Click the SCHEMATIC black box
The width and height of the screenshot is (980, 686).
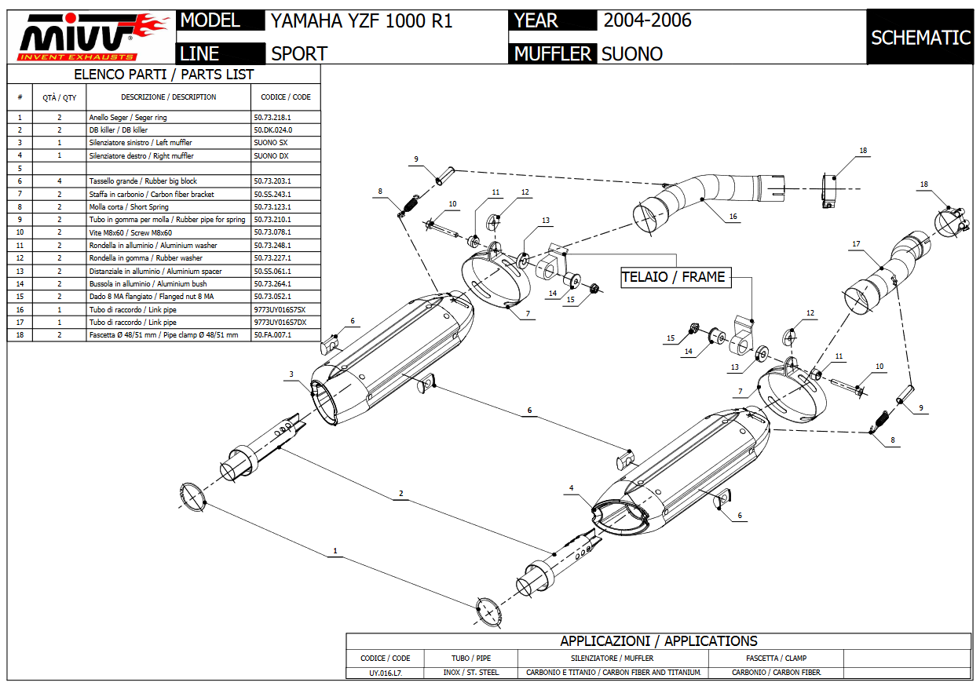[921, 37]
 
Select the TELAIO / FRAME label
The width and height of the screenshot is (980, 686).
[673, 277]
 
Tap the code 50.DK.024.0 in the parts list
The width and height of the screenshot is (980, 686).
[272, 130]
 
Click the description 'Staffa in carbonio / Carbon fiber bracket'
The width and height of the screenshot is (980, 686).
[152, 194]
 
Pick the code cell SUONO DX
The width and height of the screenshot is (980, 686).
[271, 155]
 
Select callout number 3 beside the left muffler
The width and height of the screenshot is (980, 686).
[291, 374]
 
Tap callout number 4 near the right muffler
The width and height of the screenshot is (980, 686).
[572, 488]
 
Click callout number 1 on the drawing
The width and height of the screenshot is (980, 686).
[335, 551]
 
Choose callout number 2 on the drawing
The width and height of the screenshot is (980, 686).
[400, 494]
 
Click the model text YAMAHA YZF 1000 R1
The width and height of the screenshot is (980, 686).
[361, 20]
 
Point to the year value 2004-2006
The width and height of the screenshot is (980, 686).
[647, 20]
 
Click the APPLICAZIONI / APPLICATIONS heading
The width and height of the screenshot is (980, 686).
[658, 641]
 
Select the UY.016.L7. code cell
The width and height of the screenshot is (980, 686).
[385, 673]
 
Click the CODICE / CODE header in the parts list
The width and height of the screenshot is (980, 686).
[285, 97]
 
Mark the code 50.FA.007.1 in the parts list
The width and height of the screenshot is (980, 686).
[272, 334]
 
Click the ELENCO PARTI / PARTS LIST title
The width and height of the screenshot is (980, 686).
[163, 75]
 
